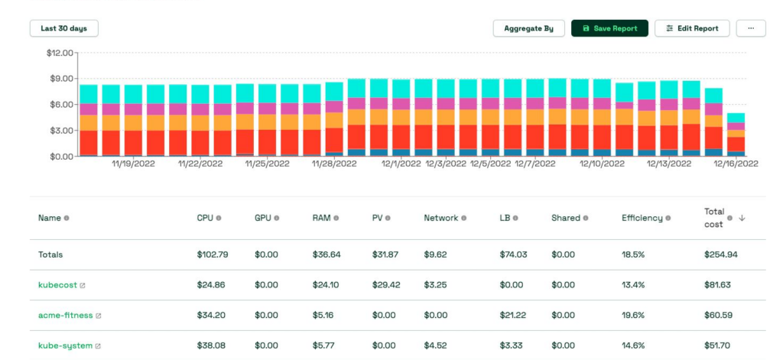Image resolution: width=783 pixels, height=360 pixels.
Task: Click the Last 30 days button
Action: coord(64,28)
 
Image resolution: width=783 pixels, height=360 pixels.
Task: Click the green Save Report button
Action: coord(609,28)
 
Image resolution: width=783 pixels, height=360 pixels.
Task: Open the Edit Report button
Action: coord(692,28)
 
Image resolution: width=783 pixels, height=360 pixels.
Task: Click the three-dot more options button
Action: coord(750,28)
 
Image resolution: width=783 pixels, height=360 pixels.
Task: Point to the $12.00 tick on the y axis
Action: coord(59,53)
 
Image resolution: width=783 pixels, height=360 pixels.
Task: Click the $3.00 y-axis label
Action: coord(61,131)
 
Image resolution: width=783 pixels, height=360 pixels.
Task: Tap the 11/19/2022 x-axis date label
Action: coord(134,164)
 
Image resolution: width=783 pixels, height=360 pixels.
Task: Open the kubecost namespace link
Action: coord(57,285)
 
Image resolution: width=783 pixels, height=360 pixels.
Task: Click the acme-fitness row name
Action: coord(65,315)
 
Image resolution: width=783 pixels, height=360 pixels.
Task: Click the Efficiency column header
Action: coord(642,218)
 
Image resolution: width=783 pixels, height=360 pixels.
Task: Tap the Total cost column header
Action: coord(715,218)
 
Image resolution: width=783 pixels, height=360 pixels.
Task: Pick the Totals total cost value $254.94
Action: coord(720,255)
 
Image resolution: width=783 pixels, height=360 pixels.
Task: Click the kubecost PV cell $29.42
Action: coord(385,285)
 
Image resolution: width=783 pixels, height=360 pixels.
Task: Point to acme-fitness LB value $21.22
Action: coord(513,315)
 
